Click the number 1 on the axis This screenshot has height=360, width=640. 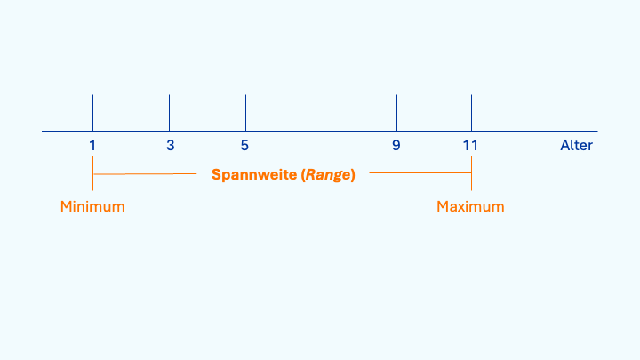coord(92,145)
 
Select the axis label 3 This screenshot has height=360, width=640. coord(170,145)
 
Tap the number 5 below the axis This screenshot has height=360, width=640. coord(244,145)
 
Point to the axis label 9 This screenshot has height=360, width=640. coord(396,145)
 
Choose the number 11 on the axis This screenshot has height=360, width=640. coord(470,145)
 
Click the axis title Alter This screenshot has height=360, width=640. coord(576,145)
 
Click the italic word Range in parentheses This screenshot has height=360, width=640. coord(329,174)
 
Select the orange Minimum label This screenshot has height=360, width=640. coord(92,206)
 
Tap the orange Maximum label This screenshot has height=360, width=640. coord(470,206)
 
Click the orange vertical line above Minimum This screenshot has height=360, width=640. coord(92,174)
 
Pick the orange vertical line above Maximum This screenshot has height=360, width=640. coord(471,174)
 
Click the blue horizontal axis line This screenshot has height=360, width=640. coord(320,132)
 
